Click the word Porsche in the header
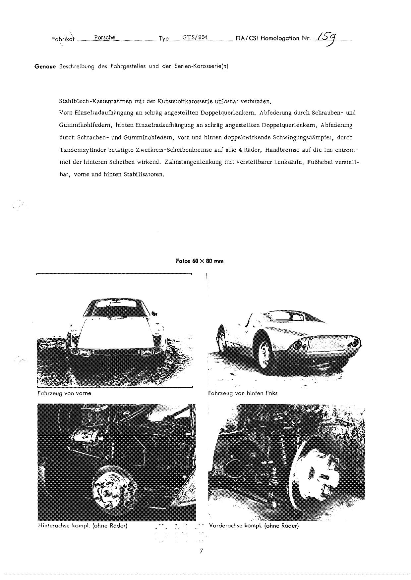pos(104,37)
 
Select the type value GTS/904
pos(195,37)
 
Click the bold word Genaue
pos(45,66)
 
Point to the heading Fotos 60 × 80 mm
pos(200,261)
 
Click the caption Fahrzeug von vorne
pos(64,394)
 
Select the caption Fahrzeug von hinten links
pos(243,393)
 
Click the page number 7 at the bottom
pos(201,551)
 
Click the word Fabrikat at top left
pos(63,39)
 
